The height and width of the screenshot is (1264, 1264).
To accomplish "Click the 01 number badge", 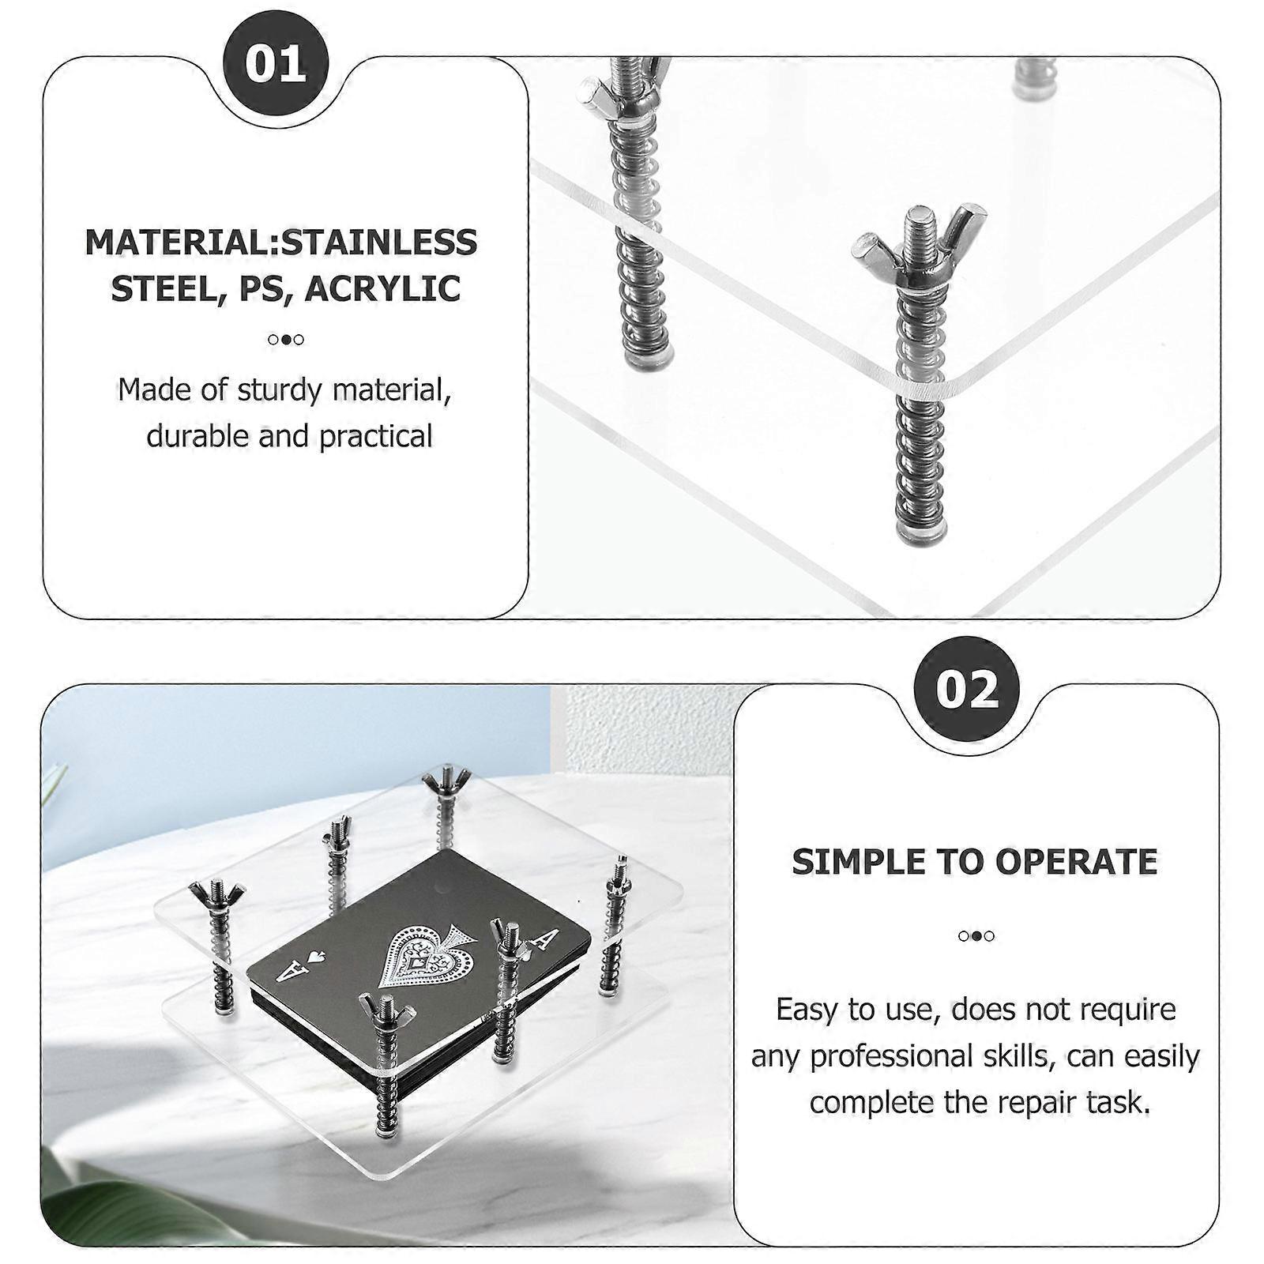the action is point(275,63).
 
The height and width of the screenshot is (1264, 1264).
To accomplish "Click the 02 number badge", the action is point(966,689).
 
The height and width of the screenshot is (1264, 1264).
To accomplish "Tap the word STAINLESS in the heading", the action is point(379,242).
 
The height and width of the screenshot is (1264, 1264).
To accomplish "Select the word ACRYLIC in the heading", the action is point(383,288).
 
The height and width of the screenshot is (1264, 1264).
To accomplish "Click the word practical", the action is point(376,436).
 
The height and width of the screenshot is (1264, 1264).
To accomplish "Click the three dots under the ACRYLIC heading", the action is point(285,340).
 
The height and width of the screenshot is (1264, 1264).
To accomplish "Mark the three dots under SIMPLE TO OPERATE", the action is point(976,936).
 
